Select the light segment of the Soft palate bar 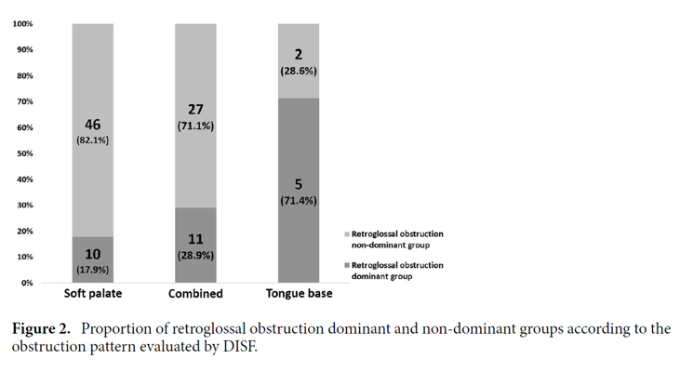(x=93, y=93)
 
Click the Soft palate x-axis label (x=93, y=295)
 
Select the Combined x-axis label (x=195, y=295)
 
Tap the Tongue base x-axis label (x=298, y=295)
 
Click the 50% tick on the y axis (x=25, y=153)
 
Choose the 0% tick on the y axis (x=27, y=283)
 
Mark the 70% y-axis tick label (x=25, y=101)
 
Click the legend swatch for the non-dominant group (x=347, y=233)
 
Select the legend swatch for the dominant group (x=347, y=265)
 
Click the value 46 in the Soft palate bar (x=93, y=125)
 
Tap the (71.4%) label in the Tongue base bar (x=298, y=200)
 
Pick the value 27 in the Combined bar (x=195, y=110)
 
